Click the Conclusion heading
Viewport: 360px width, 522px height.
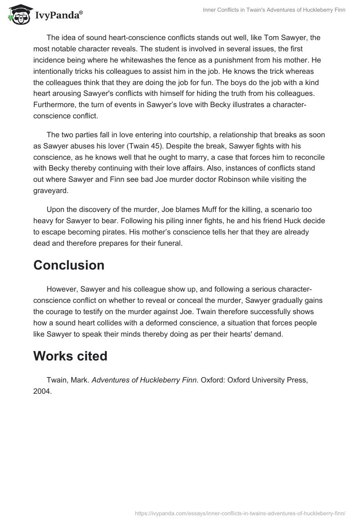click(69, 265)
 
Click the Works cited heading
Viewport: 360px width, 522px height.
click(70, 356)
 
